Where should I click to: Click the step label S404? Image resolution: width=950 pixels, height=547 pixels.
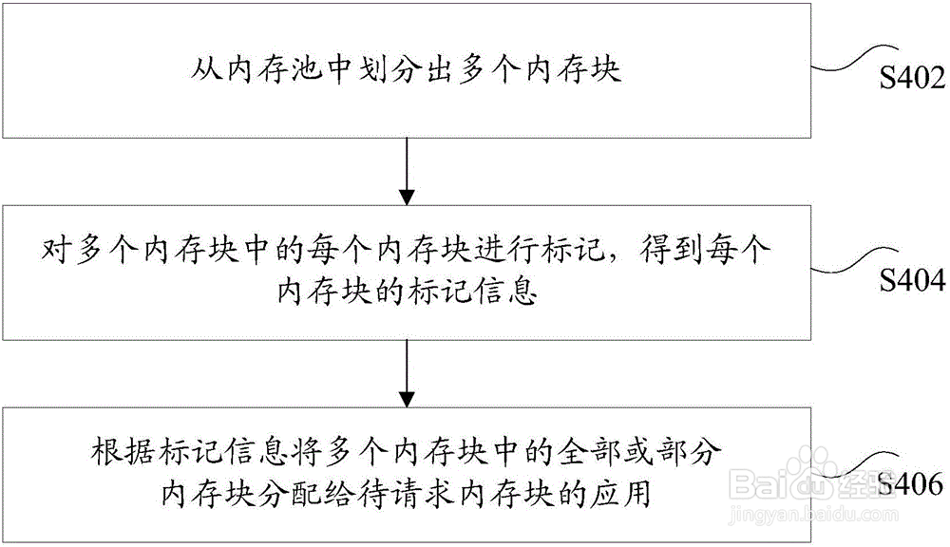coord(911,279)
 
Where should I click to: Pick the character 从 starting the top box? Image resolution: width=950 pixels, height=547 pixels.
coord(203,69)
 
